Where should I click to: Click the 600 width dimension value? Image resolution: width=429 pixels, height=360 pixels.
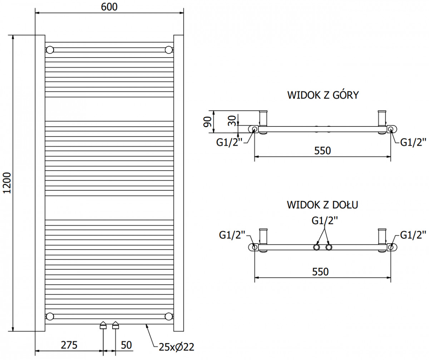point(109,7)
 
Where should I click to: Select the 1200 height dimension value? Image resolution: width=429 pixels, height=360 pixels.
point(7,183)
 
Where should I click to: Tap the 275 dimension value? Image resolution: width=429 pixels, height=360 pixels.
point(69,345)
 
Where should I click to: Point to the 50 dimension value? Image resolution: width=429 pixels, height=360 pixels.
point(126,345)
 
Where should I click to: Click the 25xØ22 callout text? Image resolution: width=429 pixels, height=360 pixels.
point(176,347)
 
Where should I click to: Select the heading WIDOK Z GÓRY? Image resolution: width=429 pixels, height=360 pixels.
point(323,95)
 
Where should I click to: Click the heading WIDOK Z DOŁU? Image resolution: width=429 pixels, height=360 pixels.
point(322,205)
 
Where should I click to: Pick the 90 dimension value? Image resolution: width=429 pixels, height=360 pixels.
point(207,122)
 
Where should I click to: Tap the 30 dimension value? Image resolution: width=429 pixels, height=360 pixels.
point(232,121)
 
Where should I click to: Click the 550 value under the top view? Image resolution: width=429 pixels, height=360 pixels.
point(322,151)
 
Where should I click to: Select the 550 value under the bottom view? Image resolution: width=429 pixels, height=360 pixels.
point(321,272)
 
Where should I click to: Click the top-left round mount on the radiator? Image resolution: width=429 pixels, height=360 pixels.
point(50,50)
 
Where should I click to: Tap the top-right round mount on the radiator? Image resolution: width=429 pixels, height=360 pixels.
point(169,50)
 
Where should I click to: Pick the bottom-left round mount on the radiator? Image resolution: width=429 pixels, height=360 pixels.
point(50,316)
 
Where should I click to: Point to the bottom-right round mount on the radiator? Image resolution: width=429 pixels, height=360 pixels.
point(169,316)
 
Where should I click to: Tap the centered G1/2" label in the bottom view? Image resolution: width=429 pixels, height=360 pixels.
point(325,221)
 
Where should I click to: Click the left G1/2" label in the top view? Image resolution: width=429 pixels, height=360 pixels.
point(229,142)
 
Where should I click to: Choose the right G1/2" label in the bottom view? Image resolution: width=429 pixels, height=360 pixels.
point(413,235)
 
